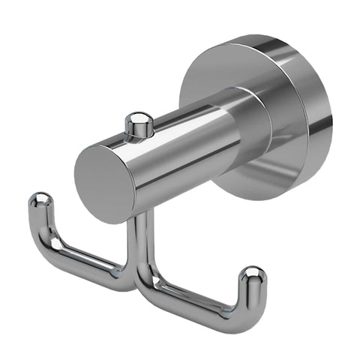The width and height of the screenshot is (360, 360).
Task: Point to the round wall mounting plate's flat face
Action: click(x=225, y=71)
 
